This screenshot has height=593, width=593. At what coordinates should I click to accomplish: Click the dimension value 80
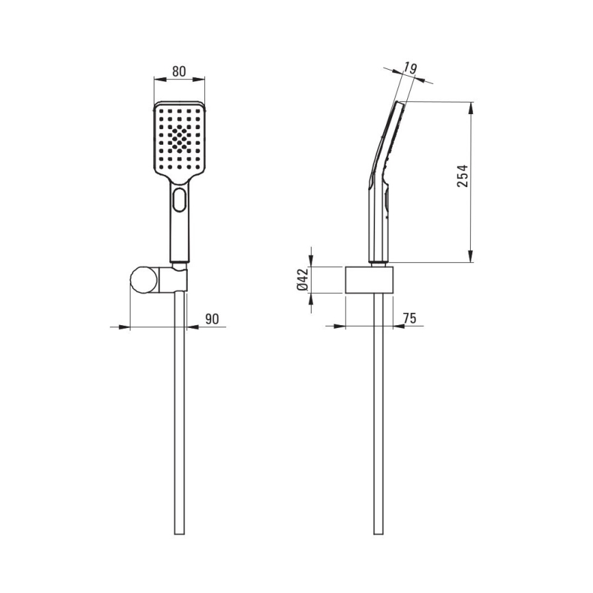click(x=179, y=72)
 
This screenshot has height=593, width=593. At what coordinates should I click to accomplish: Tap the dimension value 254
click(x=462, y=176)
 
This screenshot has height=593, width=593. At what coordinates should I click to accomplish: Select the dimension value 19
click(x=410, y=68)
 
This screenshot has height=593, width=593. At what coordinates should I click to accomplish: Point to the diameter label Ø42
click(x=303, y=279)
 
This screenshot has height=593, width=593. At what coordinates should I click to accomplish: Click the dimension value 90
click(x=212, y=319)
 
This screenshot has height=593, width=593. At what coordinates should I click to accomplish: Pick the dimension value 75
click(x=409, y=318)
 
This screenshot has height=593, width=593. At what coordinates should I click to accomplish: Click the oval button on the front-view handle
click(x=179, y=199)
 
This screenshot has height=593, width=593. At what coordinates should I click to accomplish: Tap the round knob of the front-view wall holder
click(x=144, y=279)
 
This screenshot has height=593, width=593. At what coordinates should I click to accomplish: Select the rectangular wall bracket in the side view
click(x=370, y=280)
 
